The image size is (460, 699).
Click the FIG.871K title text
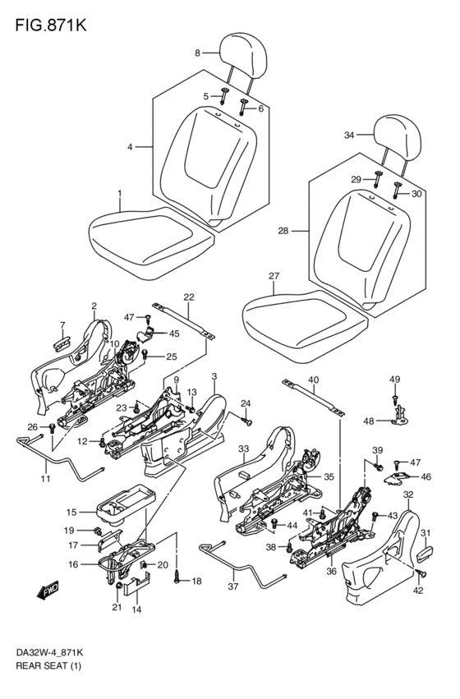click(x=51, y=25)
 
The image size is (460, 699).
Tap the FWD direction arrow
click(x=48, y=591)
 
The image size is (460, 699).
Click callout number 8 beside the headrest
click(x=197, y=53)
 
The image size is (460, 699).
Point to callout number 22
click(x=189, y=297)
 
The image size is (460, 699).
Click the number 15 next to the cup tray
click(x=71, y=513)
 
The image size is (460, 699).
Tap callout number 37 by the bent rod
click(x=233, y=586)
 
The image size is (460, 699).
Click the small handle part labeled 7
click(x=62, y=345)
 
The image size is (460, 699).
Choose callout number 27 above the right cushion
click(x=274, y=276)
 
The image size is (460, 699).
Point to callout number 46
click(x=425, y=476)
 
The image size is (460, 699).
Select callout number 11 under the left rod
click(x=45, y=479)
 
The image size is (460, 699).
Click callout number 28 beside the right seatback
click(x=283, y=231)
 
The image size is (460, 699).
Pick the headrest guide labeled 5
click(x=223, y=96)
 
